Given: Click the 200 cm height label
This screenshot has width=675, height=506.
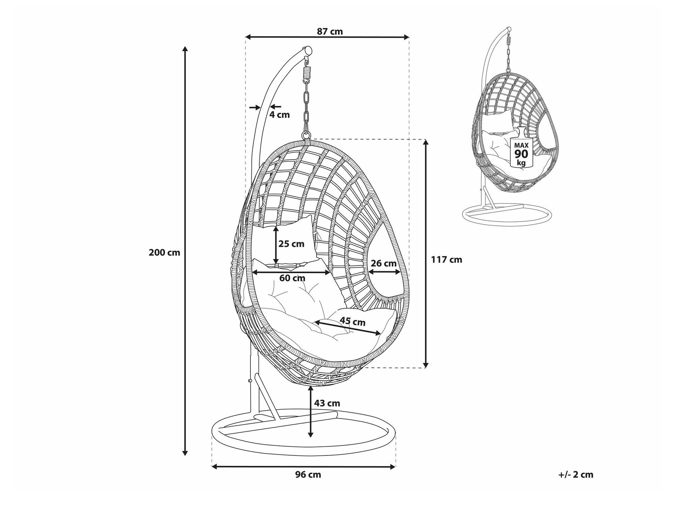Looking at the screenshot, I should click(164, 253).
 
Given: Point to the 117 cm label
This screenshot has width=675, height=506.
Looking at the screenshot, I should click(446, 260).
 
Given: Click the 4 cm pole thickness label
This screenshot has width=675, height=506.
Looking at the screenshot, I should click(279, 115).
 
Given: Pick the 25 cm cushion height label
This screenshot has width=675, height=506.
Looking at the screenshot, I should click(291, 244).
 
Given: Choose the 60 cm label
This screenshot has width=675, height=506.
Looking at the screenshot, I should click(292, 278).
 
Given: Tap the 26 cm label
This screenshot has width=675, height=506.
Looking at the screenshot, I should click(383, 263).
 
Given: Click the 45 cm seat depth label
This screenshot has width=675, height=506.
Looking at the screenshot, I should click(352, 322).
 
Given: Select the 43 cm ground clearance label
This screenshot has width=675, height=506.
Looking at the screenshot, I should click(327, 403).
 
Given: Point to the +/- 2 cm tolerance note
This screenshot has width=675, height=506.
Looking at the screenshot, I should click(576, 475).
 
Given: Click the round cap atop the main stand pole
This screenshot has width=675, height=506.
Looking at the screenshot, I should click(308, 50).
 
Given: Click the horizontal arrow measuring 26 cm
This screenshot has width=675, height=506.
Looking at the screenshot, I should click(385, 272).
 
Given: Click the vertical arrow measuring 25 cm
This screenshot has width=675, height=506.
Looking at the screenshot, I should click(276, 245).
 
